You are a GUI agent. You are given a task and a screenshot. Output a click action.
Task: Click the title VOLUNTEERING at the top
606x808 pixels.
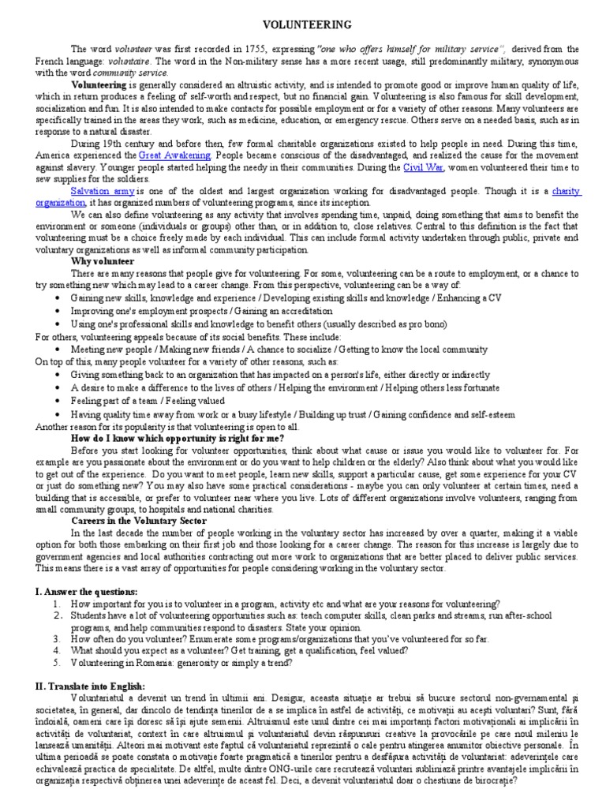point(303,25)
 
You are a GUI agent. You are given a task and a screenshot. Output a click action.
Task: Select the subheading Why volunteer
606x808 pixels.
point(103,260)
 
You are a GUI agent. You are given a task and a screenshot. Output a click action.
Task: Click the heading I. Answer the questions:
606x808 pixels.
point(86,592)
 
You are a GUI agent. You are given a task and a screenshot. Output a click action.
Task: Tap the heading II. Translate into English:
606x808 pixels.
point(90,686)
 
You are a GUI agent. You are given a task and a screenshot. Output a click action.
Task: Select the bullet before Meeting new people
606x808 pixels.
point(61,350)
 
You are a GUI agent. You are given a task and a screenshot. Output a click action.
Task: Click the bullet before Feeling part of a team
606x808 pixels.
point(61,401)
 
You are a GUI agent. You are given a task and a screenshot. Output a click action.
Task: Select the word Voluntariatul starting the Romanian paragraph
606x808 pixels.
point(99,699)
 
